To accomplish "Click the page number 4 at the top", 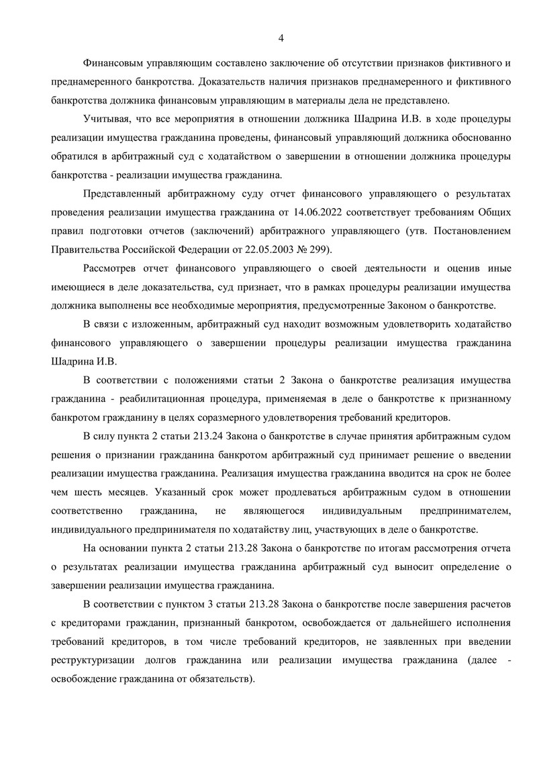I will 281,37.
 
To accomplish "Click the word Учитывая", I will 105,119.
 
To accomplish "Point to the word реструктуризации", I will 95,660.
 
